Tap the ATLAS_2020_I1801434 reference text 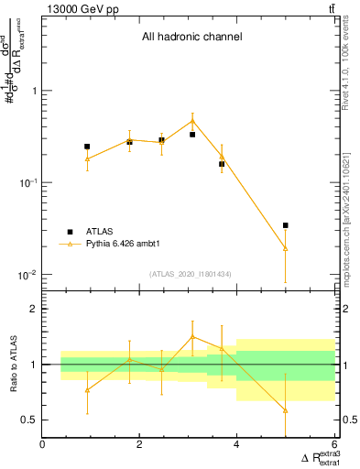pos(190,274)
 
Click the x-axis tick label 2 pos(139,445)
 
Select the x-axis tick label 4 pos(236,445)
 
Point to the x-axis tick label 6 pos(333,445)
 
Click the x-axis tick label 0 pos(43,445)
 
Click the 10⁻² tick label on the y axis pos(26,275)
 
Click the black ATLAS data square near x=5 pos(286,225)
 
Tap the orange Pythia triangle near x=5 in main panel pos(286,247)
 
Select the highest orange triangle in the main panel pos(192,121)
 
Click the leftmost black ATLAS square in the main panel pos(87,147)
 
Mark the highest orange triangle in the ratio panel pos(192,336)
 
